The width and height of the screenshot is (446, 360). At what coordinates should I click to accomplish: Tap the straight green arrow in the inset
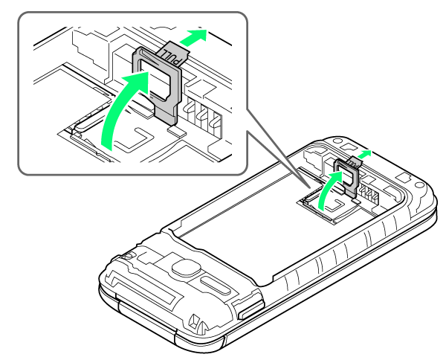click(193, 37)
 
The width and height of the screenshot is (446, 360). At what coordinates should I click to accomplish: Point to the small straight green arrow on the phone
click(365, 154)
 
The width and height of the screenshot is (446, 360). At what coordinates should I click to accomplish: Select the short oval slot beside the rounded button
click(216, 286)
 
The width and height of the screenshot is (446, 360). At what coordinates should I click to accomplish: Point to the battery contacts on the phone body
click(369, 194)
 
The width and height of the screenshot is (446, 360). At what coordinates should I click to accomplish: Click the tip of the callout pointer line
click(309, 187)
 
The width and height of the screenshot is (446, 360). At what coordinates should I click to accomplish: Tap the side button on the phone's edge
click(251, 310)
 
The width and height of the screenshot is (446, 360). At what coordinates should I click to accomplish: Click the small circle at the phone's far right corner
click(419, 184)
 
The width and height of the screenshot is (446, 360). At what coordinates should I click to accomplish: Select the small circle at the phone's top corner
click(337, 141)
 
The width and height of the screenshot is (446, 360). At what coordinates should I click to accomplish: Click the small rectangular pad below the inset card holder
click(177, 131)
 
